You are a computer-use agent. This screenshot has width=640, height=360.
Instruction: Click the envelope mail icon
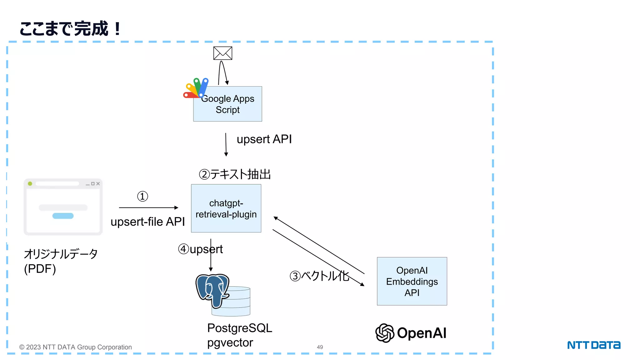(222, 53)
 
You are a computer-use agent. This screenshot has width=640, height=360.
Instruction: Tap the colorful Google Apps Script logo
(196, 88)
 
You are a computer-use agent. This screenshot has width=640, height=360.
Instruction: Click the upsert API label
(264, 139)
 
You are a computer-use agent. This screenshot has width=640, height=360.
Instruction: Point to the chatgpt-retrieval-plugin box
(226, 208)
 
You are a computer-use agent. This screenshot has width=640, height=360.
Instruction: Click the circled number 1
(142, 197)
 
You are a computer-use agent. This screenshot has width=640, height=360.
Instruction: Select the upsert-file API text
(147, 222)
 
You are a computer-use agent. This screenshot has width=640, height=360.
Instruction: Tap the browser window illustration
(63, 207)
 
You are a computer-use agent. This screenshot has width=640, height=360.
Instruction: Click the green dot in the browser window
(30, 184)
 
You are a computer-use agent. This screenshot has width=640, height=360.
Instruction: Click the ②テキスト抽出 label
(235, 174)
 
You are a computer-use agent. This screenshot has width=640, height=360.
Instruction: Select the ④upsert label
(200, 249)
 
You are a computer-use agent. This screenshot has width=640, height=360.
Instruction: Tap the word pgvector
(230, 343)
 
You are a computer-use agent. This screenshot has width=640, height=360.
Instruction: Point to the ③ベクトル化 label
(319, 276)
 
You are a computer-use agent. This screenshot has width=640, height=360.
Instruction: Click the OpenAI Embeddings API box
(412, 281)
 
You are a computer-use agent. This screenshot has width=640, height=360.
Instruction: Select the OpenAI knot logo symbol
(385, 333)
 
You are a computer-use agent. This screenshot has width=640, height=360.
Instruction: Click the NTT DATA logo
(594, 345)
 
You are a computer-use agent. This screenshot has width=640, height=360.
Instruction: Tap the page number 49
(320, 347)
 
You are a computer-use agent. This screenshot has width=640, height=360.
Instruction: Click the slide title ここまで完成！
(70, 29)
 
